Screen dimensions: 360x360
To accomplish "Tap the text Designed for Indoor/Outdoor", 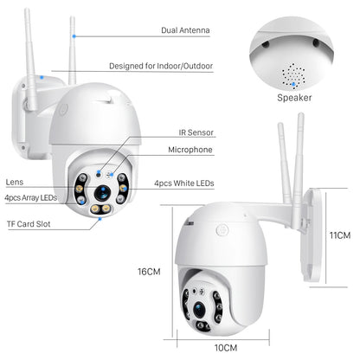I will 161,66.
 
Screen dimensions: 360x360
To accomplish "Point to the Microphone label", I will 190,150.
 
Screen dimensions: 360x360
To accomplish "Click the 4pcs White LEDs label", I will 183,183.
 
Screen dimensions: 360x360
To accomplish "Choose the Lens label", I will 14,182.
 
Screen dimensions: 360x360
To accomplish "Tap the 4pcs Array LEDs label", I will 30,198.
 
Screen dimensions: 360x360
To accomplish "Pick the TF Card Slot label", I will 29,224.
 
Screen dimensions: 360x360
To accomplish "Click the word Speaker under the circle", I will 293,98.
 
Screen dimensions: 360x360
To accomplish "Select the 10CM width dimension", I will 226,347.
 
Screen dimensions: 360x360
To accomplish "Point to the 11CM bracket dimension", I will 340,235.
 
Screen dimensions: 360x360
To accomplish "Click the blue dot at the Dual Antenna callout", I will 75,36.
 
